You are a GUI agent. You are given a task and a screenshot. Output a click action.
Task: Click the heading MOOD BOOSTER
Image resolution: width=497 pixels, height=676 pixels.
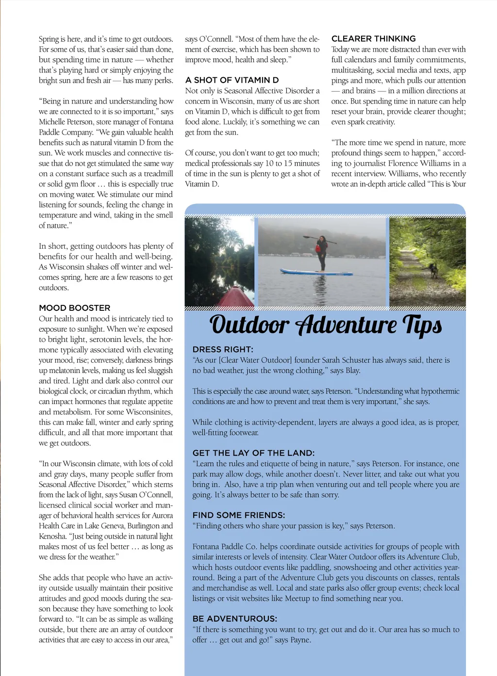coord(75,308)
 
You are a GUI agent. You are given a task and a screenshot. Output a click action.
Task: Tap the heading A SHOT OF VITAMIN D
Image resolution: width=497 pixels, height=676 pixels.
coord(232,80)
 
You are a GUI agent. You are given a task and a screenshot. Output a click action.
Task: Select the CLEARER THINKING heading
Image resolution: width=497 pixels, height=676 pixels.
coord(373,39)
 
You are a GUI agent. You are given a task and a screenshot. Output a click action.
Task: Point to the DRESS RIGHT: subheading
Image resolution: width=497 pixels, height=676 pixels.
coord(223,350)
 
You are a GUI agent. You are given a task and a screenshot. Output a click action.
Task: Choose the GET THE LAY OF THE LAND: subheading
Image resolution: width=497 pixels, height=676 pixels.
coord(253,453)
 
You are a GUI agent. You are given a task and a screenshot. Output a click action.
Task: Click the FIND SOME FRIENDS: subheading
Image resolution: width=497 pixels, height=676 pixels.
coord(238,515)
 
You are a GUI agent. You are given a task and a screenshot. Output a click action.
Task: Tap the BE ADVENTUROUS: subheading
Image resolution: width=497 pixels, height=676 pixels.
coord(235,619)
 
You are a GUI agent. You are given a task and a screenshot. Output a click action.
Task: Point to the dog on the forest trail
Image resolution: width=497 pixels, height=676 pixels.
coord(433,270)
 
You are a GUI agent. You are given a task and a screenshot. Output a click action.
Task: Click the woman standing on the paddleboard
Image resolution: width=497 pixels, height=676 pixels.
coord(321,253)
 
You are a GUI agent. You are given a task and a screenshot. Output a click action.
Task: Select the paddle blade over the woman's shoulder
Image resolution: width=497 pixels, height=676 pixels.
coord(307,237)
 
